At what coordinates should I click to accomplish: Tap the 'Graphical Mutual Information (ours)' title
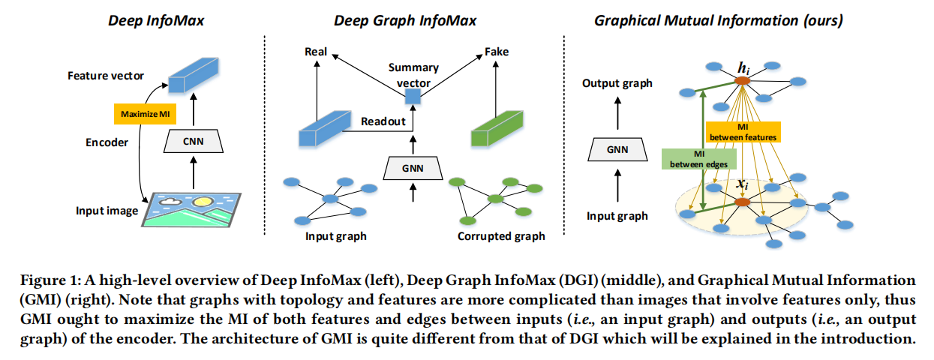click(x=718, y=20)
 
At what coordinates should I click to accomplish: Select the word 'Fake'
click(x=496, y=52)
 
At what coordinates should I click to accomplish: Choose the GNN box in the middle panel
click(x=411, y=167)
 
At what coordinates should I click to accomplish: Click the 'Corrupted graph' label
click(x=501, y=237)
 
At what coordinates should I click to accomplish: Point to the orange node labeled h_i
click(x=742, y=80)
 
